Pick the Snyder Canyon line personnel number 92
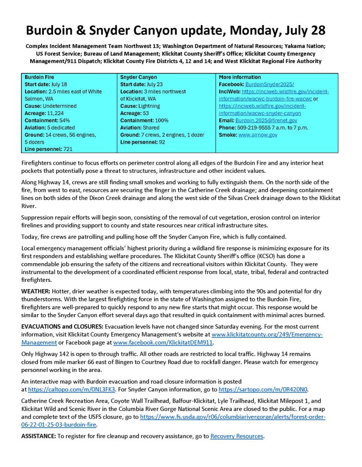(162, 142)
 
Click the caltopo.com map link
(72, 389)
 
